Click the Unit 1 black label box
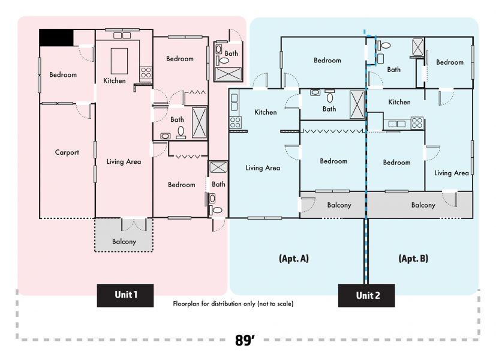tap(125, 295)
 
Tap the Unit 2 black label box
tap(366, 295)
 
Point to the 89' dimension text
tap(245, 340)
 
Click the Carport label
tap(67, 152)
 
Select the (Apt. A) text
tap(294, 259)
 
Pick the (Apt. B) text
tap(413, 259)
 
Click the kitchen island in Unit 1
tap(119, 61)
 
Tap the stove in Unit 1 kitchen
tap(146, 73)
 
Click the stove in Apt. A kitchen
tap(235, 122)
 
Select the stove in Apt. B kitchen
tap(417, 123)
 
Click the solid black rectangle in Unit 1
tap(56, 38)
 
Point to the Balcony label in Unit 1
tap(124, 242)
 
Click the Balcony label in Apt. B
tap(423, 205)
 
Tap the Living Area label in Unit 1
tap(124, 161)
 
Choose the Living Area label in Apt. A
tap(263, 168)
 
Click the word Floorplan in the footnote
tap(186, 304)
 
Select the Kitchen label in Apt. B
tap(399, 102)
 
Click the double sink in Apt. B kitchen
tap(397, 124)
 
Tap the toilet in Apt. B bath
tap(384, 45)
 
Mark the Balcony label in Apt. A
tap(339, 205)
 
